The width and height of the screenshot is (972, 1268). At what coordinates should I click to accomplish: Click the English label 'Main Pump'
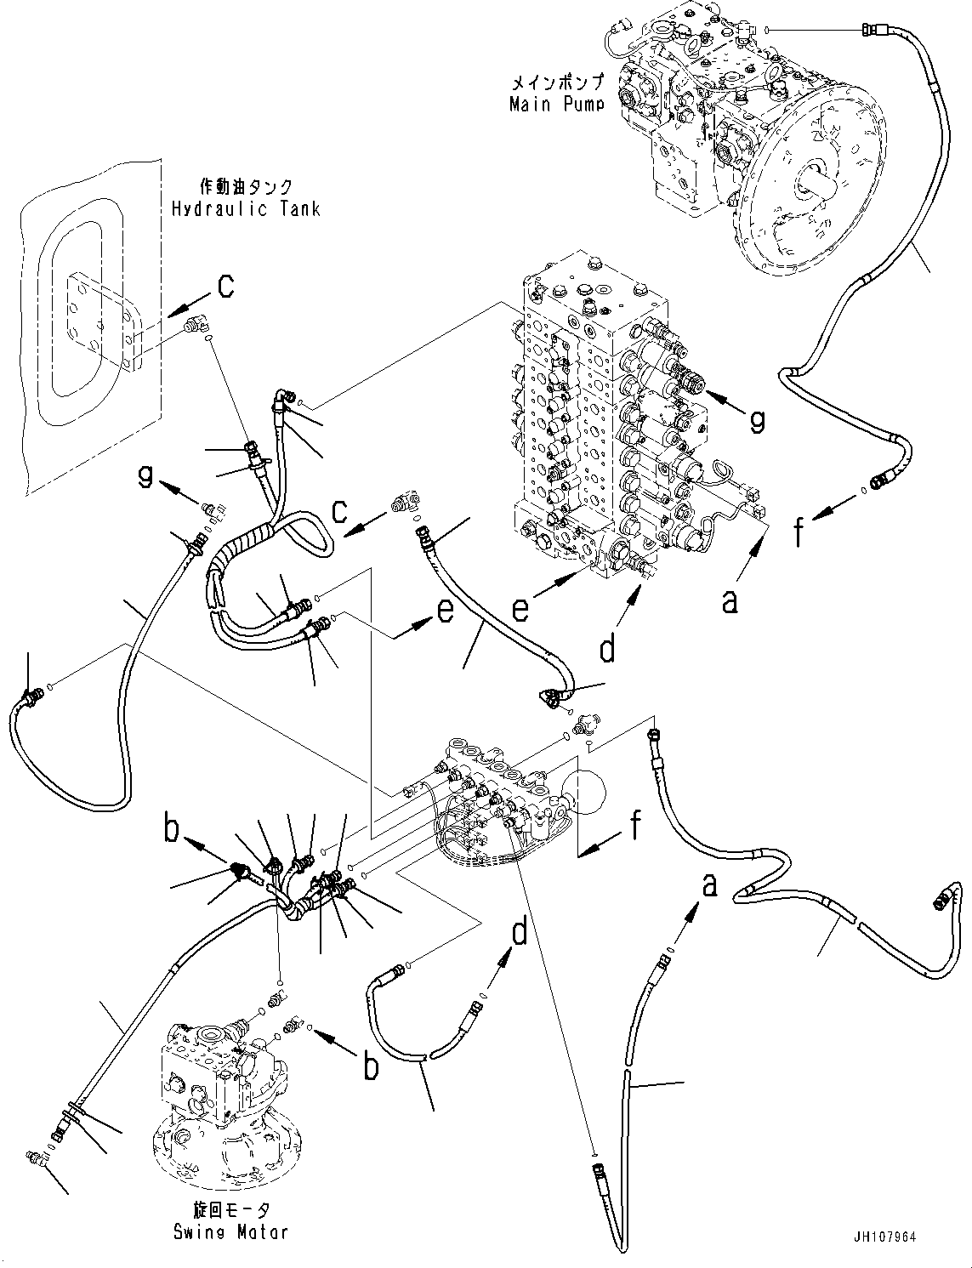click(x=556, y=105)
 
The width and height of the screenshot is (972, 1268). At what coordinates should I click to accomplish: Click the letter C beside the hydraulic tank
click(x=225, y=287)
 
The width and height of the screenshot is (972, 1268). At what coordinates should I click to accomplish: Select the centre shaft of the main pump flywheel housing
click(x=813, y=182)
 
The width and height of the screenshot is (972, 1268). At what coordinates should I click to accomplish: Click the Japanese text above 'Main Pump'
click(x=557, y=83)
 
